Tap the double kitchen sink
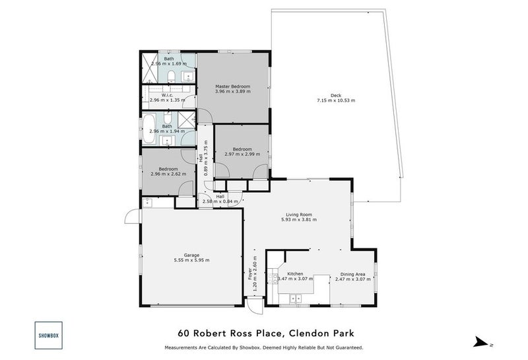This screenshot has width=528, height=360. (x=296, y=299)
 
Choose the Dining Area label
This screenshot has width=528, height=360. (x=353, y=274)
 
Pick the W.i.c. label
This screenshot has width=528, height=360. (x=167, y=94)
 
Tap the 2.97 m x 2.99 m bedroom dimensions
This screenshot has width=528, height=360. (x=242, y=154)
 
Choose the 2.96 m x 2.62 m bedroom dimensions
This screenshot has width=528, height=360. (x=168, y=174)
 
